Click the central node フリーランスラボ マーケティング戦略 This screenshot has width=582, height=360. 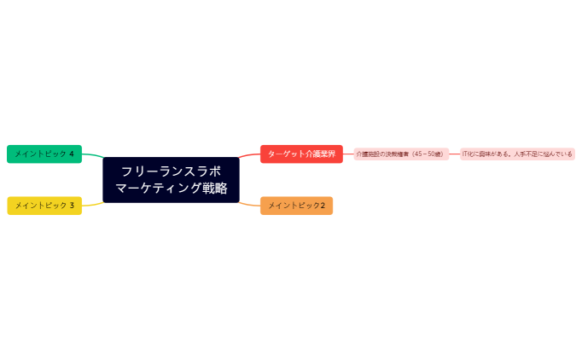pyautogui.click(x=171, y=179)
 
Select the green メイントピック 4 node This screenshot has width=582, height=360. pyautogui.click(x=44, y=154)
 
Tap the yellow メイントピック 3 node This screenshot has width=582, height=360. pyautogui.click(x=44, y=205)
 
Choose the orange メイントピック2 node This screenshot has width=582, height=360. pyautogui.click(x=296, y=206)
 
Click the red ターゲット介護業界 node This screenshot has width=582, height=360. pyautogui.click(x=301, y=154)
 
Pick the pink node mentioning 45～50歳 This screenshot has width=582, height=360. pyautogui.click(x=400, y=154)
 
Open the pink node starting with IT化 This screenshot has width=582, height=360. pyautogui.click(x=517, y=154)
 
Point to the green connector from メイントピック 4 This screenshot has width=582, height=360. pyautogui.click(x=92, y=155)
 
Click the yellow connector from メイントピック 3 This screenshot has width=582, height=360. pyautogui.click(x=92, y=204)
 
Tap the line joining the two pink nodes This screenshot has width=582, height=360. pyautogui.click(x=454, y=154)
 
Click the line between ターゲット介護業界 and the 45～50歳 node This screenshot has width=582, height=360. pyautogui.click(x=348, y=154)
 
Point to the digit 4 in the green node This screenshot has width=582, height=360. pyautogui.click(x=72, y=154)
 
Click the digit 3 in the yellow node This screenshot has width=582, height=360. pyautogui.click(x=72, y=205)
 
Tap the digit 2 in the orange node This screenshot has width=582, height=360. pyautogui.click(x=323, y=206)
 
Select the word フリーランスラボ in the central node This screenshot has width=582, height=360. pyautogui.click(x=171, y=171)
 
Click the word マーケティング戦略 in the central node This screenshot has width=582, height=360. pyautogui.click(x=171, y=189)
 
